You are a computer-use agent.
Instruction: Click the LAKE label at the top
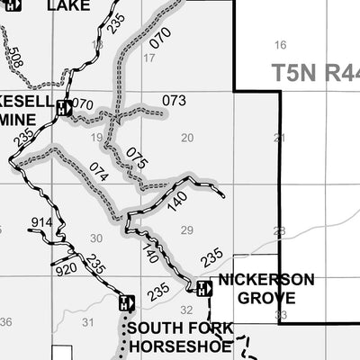68,5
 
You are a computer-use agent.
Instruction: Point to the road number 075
136,158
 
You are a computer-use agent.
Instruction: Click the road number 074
99,172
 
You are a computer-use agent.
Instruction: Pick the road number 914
42,222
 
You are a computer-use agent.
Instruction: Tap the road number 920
66,268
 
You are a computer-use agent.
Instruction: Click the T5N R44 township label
316,72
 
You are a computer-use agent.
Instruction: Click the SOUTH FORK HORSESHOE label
180,336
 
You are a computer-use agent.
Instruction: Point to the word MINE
22,118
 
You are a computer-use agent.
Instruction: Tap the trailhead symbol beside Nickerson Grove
204,288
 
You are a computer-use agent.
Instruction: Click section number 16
280,45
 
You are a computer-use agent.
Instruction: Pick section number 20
187,138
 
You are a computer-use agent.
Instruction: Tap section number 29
186,230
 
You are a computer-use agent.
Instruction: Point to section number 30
97,238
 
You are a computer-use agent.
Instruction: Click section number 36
6,321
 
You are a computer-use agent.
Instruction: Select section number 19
97,138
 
